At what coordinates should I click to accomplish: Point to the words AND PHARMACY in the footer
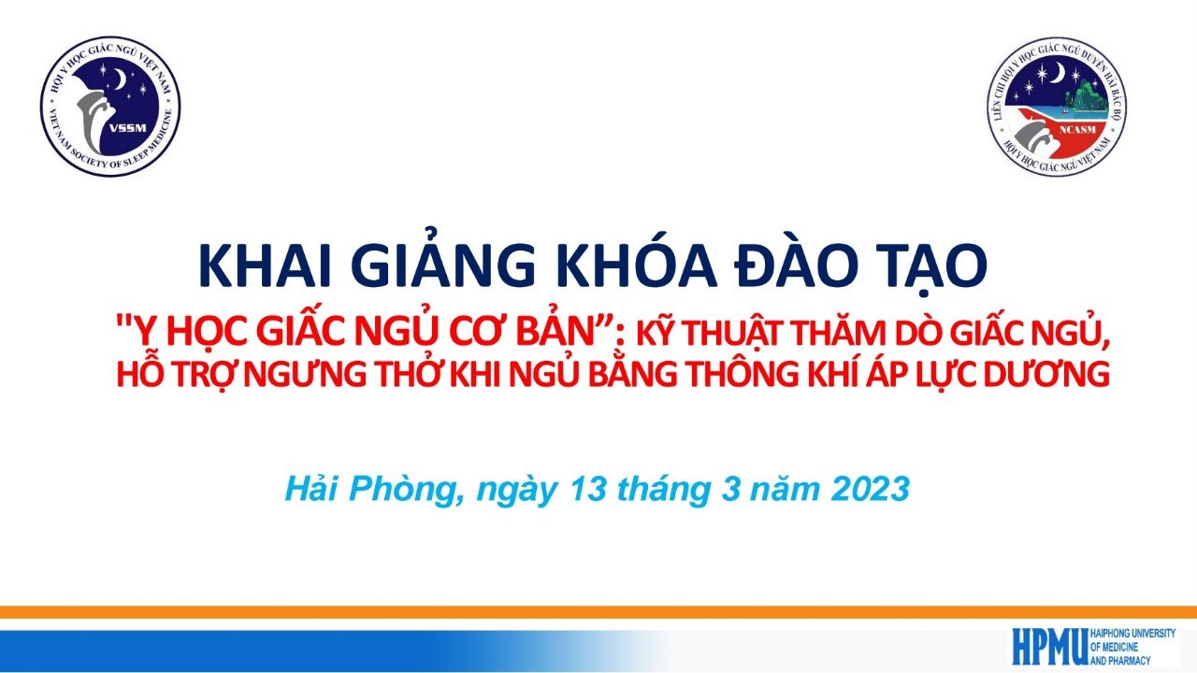[1120, 660]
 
